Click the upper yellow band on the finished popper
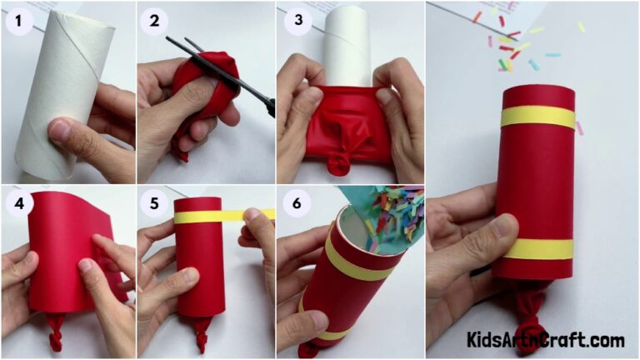538,117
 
